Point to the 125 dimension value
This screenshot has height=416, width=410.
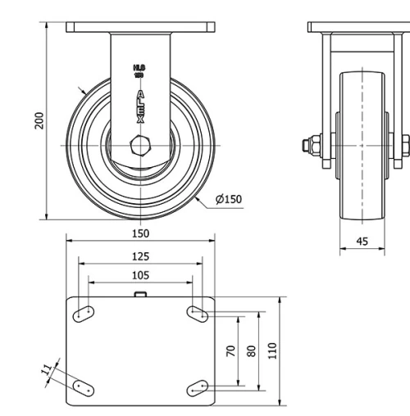pos(140,255)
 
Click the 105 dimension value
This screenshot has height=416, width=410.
pos(140,274)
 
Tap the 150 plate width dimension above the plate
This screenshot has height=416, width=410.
pos(140,233)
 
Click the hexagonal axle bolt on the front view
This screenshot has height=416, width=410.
pos(140,149)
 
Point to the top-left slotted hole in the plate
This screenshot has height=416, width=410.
pos(84,312)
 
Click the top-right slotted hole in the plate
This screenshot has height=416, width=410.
pos(197,311)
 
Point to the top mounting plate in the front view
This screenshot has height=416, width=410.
pos(140,28)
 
